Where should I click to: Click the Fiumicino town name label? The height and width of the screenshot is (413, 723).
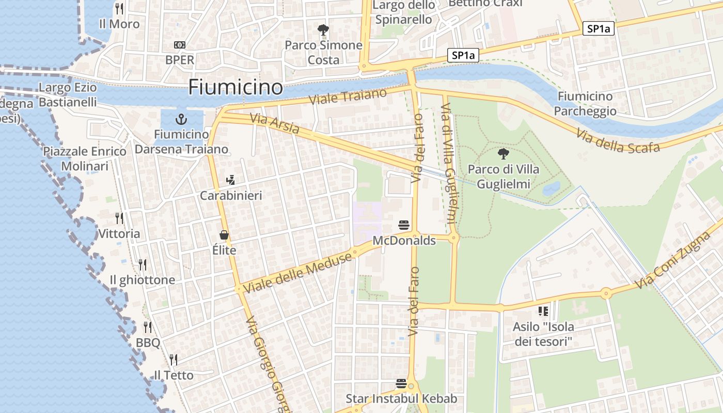[235, 87]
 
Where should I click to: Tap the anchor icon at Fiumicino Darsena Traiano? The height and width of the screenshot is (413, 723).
[181, 120]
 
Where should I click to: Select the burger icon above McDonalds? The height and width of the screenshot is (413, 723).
[404, 225]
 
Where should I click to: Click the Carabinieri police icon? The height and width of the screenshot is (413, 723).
[231, 180]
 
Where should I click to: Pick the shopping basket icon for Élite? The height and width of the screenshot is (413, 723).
[224, 235]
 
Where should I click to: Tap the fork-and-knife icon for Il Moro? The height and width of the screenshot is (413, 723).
[119, 8]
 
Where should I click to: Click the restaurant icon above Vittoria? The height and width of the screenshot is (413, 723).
[119, 218]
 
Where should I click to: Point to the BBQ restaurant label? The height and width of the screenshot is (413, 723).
[148, 343]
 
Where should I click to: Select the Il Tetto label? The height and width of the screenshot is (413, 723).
[174, 375]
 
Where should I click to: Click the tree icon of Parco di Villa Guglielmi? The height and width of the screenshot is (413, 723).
[502, 153]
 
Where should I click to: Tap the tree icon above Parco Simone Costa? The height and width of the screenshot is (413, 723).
[323, 29]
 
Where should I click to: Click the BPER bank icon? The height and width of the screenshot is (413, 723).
[180, 45]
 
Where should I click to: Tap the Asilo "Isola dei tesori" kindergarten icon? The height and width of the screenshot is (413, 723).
[543, 311]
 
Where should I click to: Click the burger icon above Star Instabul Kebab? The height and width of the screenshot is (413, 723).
[401, 383]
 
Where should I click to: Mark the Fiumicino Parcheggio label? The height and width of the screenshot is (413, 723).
[585, 103]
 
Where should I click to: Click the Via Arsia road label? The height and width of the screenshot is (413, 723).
[274, 124]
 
